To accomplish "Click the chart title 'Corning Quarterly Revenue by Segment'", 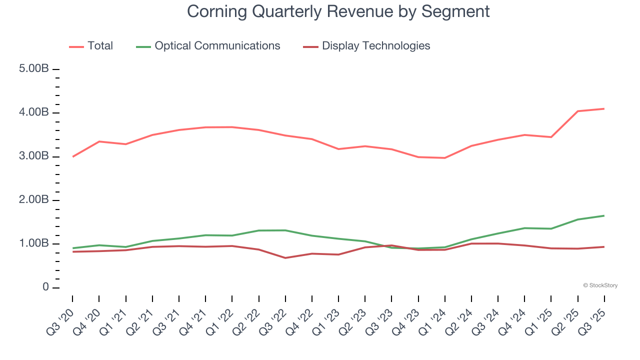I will click(338, 11).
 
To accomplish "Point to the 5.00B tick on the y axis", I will click(33, 69).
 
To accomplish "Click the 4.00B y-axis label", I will click(33, 113).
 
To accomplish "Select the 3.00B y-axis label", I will click(33, 156).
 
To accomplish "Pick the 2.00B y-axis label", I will click(33, 200).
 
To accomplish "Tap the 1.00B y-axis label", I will click(33, 244).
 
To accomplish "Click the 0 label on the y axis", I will click(45, 287).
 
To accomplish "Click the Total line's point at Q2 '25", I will click(578, 111).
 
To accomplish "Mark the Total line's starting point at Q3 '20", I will click(72, 156).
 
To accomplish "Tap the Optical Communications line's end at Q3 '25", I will click(604, 215).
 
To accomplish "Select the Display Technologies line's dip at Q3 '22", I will click(285, 258).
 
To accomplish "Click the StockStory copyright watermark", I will click(600, 285).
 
